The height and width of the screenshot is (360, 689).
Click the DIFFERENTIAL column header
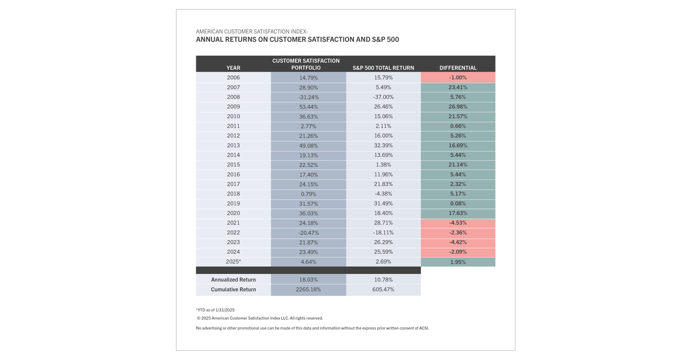tap(458, 68)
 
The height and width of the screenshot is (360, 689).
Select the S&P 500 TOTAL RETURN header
tap(383, 68)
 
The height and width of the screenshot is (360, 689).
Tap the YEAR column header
tap(233, 68)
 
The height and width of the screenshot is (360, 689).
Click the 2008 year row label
tap(233, 97)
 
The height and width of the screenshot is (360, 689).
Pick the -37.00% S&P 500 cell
tap(383, 97)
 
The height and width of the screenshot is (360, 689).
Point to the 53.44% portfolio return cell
tap(308, 107)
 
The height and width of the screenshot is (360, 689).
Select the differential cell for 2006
tap(458, 78)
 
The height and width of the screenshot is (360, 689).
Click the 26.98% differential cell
tap(458, 107)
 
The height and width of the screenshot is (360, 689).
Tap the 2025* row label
tap(233, 262)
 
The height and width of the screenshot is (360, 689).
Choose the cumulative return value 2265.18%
tap(308, 289)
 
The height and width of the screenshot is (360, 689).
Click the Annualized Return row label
tap(233, 280)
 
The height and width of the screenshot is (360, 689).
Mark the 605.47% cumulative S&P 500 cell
tap(383, 289)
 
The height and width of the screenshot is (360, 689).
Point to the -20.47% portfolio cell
tap(308, 233)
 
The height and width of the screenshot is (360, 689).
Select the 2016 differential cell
tap(458, 175)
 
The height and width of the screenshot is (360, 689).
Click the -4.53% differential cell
tap(458, 223)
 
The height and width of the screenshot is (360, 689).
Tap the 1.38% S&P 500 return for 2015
tap(383, 165)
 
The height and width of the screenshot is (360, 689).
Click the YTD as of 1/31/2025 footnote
tap(215, 310)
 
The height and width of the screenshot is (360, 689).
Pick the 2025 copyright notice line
tap(260, 318)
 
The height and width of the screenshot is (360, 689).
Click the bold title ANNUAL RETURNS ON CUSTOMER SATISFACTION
tap(297, 40)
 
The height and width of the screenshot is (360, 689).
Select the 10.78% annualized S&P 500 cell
tap(383, 280)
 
